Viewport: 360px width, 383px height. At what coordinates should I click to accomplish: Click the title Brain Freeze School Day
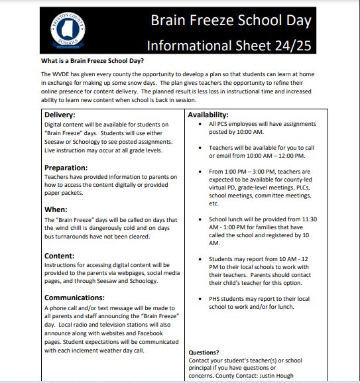[231, 21]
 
